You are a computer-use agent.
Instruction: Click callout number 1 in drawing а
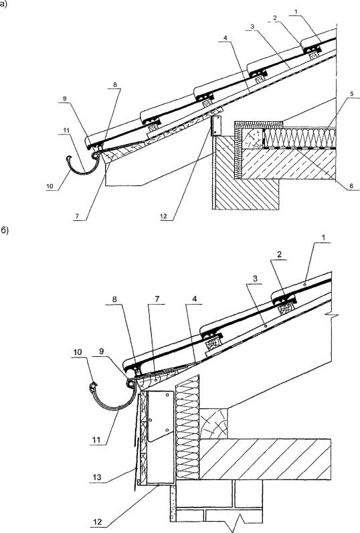296,11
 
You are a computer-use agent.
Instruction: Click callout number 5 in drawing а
352,94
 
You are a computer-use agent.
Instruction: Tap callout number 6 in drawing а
352,186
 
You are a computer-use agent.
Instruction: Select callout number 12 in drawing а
163,216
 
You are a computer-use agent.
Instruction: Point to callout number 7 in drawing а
76,216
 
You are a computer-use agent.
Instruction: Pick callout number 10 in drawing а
50,186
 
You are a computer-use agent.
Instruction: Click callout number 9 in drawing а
64,99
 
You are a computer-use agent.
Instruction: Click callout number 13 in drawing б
97,477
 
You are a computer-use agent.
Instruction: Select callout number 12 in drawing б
98,522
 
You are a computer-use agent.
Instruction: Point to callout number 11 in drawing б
97,440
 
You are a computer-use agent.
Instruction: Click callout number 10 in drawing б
78,352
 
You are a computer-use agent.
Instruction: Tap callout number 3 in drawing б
255,279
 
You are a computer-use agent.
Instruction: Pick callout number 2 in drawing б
279,254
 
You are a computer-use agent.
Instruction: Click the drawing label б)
4,230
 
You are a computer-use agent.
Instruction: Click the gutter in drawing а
82,166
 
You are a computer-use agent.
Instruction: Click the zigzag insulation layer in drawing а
300,138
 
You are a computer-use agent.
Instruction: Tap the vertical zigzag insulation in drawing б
187,427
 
